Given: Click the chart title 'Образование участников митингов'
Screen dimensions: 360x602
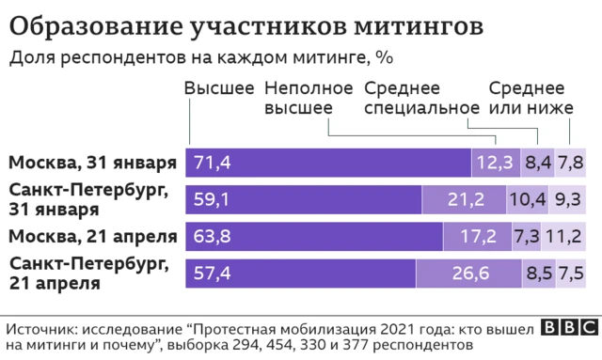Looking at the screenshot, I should point(248,25).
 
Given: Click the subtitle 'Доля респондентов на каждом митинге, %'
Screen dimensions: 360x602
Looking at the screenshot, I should point(200,58).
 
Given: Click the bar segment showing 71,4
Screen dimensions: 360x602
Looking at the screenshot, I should point(329,163).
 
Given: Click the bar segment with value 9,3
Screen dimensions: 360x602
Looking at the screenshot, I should point(567,199).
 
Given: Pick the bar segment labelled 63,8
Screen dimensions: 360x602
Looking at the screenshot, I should point(314,235).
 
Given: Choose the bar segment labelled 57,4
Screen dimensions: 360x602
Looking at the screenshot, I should point(301,272).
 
